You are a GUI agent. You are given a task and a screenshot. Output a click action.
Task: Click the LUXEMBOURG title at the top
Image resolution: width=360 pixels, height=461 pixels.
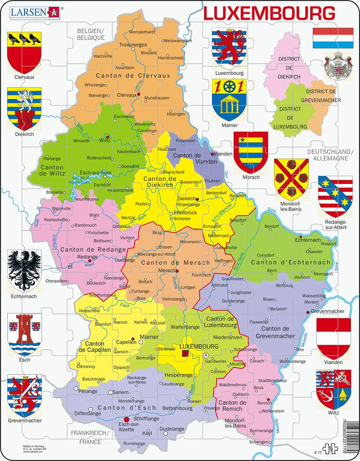point(269,13)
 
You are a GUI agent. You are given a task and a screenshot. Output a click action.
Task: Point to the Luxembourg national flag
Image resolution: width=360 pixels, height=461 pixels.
point(330,38)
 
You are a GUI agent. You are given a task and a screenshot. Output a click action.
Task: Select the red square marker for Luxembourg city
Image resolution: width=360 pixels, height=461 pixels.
point(185,354)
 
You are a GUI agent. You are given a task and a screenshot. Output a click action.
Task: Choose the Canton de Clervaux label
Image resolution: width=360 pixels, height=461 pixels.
point(133,76)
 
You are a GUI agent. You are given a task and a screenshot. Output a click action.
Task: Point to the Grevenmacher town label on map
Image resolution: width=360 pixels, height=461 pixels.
point(328,311)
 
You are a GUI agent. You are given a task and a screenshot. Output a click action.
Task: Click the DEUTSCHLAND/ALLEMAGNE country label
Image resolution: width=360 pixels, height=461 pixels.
point(330,155)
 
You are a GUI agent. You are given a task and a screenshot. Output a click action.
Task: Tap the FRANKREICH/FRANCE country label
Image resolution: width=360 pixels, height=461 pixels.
point(90,437)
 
